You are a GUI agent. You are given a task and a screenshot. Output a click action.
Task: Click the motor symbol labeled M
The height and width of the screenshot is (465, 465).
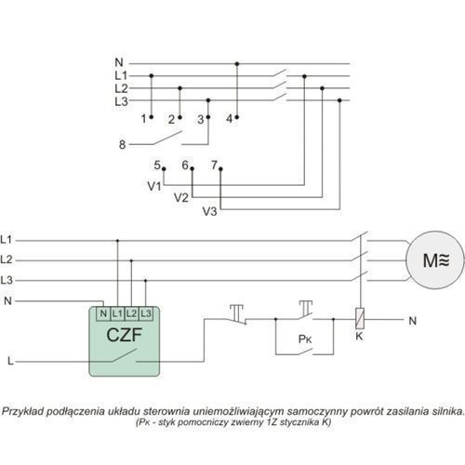click(x=435, y=260)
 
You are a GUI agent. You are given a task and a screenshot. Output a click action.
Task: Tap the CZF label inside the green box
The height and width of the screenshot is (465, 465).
click(x=124, y=335)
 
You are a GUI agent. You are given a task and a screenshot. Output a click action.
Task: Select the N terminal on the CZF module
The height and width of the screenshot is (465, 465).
click(x=103, y=313)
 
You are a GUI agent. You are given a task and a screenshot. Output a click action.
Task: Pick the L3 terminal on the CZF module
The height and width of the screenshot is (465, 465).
click(x=146, y=313)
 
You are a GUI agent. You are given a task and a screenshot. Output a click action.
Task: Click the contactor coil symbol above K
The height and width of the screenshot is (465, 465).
click(x=360, y=319)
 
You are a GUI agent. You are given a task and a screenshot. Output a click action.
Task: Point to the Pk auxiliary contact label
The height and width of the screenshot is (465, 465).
click(x=305, y=339)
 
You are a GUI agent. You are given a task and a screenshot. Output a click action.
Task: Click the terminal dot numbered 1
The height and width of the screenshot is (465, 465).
click(x=152, y=117)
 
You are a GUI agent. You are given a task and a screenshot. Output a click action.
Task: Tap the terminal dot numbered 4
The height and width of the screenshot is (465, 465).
click(x=237, y=117)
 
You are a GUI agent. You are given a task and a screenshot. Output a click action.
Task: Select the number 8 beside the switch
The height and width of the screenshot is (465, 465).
click(x=123, y=144)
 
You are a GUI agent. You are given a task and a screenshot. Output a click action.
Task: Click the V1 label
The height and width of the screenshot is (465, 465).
click(x=154, y=186)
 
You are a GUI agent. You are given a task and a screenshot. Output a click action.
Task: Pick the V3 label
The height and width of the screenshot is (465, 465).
click(x=209, y=211)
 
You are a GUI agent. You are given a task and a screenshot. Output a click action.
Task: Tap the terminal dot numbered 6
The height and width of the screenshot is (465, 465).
click(x=193, y=168)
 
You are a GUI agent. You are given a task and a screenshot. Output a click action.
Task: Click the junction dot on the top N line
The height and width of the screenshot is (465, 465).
click(x=237, y=64)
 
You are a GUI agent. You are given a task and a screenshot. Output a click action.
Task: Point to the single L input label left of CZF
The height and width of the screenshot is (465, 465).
click(x=10, y=361)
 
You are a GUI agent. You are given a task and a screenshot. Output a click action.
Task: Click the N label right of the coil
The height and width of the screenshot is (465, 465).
click(x=412, y=321)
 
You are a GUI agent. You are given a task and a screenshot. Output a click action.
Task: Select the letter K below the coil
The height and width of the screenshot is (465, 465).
click(x=359, y=337)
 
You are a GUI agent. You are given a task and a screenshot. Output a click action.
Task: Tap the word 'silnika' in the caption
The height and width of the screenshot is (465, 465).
click(x=447, y=411)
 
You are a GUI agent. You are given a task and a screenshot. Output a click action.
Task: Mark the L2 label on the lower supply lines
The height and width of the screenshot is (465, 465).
click(x=7, y=259)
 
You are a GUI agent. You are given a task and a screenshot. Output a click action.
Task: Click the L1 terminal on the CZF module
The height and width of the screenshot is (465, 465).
click(x=117, y=313)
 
